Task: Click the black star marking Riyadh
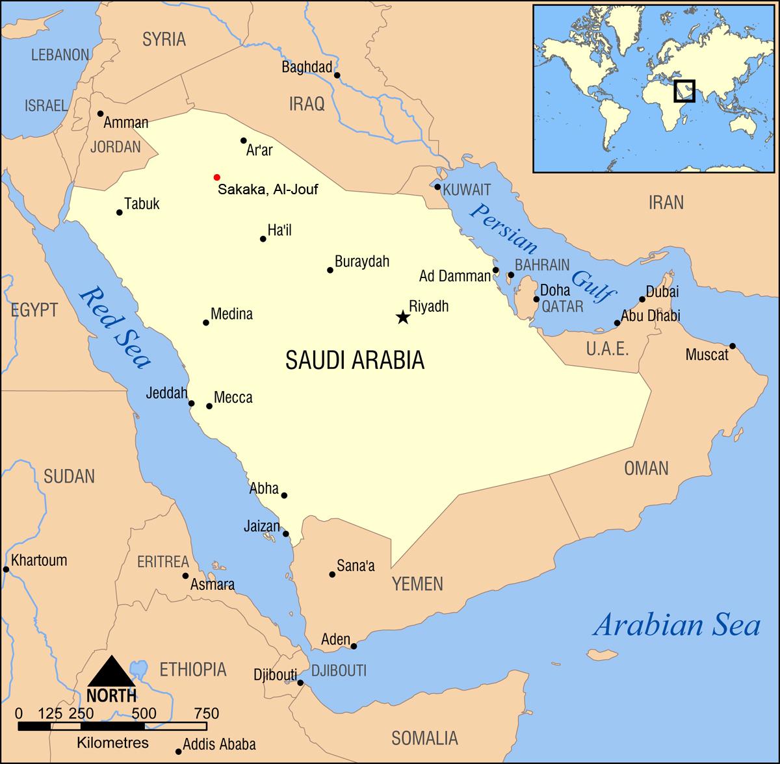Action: (403, 317)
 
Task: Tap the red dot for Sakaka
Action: (217, 177)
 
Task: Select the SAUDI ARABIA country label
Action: (355, 359)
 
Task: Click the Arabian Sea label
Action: (676, 626)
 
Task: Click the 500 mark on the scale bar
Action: (144, 713)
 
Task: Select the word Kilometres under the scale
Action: (112, 742)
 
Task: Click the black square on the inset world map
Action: (684, 91)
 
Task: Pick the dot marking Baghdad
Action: (337, 75)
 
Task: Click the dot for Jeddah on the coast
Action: (192, 403)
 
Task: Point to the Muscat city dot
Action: (733, 346)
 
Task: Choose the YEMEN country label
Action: (417, 583)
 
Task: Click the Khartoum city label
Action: (39, 560)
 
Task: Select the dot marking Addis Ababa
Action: (179, 752)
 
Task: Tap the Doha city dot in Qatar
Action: (536, 299)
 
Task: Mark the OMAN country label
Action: (646, 468)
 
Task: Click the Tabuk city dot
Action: (120, 212)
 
